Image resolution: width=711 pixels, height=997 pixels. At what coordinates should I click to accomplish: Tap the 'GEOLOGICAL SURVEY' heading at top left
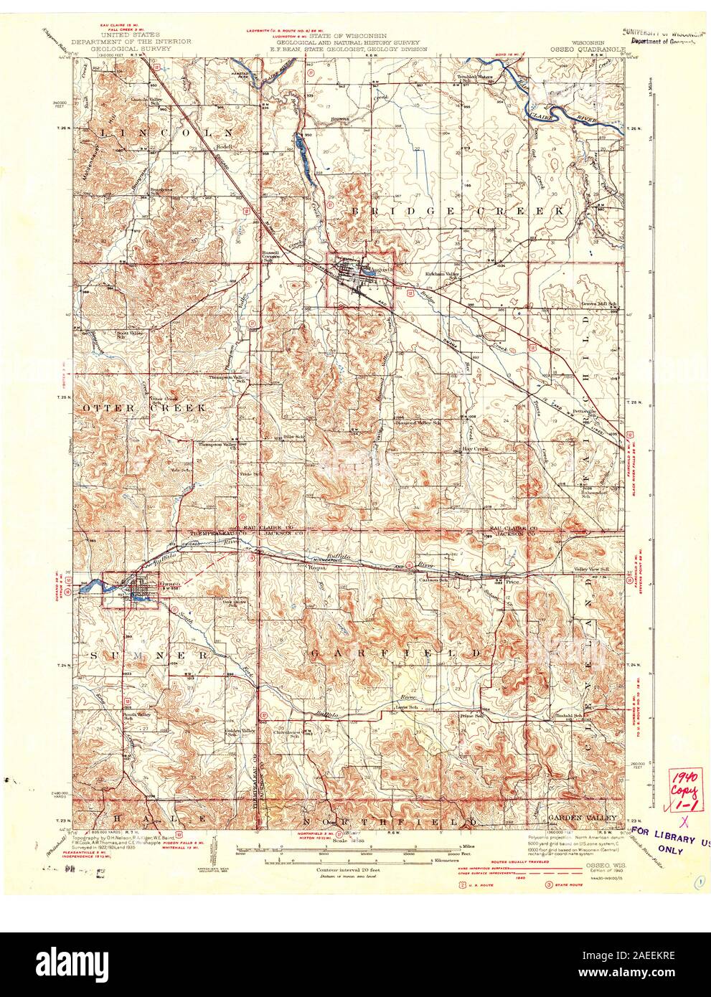click(x=132, y=49)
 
